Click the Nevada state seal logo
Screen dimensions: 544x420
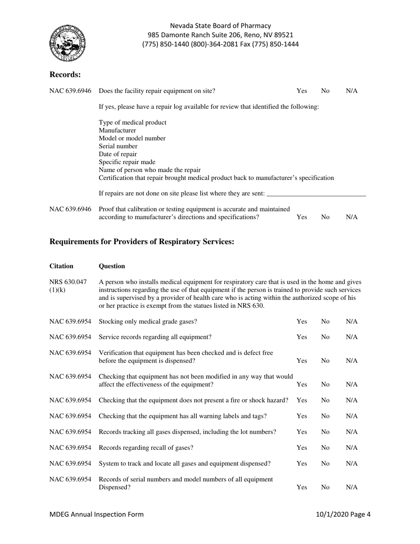coord(68,43)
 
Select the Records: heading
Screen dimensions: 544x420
coord(65,74)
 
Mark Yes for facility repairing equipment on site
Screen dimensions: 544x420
coord(302,91)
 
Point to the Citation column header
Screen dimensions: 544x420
coord(61,266)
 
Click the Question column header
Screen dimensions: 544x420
coord(112,266)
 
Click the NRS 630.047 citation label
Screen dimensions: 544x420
coord(62,285)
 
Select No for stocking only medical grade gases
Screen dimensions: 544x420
coord(325,321)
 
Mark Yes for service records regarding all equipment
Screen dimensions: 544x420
coord(302,337)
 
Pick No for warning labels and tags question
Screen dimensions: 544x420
coord(325,416)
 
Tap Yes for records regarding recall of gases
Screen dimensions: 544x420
coord(302,448)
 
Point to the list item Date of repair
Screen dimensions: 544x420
coord(118,154)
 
